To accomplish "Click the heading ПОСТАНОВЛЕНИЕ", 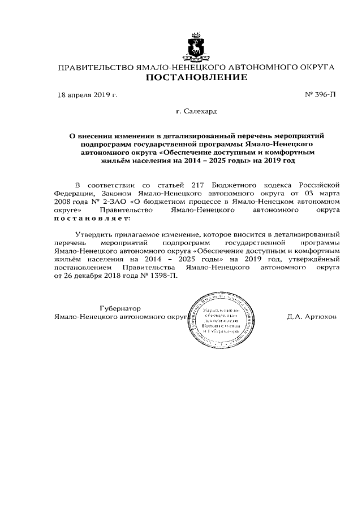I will pyautogui.click(x=197, y=77).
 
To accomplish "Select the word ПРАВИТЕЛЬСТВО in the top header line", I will pyautogui.click(x=94, y=67).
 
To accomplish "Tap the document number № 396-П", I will pyautogui.click(x=320, y=95).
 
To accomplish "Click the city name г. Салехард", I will pyautogui.click(x=196, y=112).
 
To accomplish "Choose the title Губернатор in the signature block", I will pyautogui.click(x=119, y=308).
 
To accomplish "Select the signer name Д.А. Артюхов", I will pyautogui.click(x=312, y=317).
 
